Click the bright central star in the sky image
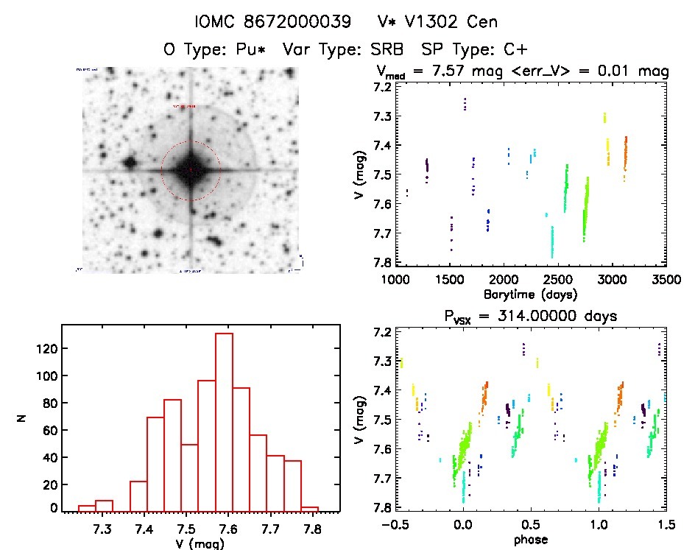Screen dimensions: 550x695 coord(190,170)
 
